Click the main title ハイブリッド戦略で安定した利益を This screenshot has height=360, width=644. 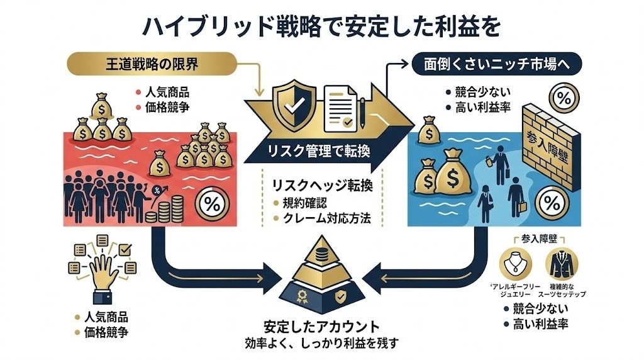point(321,26)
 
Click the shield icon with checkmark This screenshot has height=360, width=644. point(292,106)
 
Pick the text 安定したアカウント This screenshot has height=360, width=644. point(322,327)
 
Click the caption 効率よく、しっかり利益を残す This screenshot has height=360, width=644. point(322,344)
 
